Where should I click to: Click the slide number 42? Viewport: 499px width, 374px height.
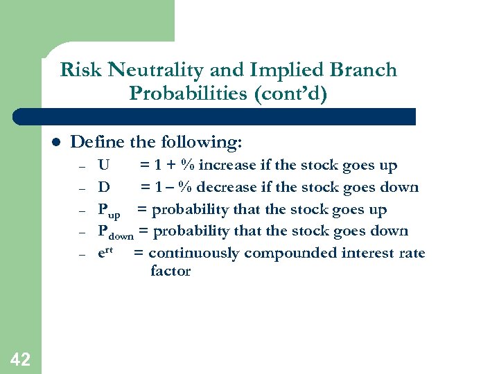(20, 359)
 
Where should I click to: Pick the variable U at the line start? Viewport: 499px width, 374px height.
(103, 166)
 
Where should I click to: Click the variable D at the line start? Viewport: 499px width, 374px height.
(103, 188)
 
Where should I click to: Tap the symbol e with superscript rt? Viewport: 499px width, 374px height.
(105, 253)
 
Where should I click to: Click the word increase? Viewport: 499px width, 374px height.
(227, 166)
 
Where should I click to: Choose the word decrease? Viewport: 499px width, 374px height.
(227, 188)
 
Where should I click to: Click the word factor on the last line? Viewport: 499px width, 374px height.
(170, 271)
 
